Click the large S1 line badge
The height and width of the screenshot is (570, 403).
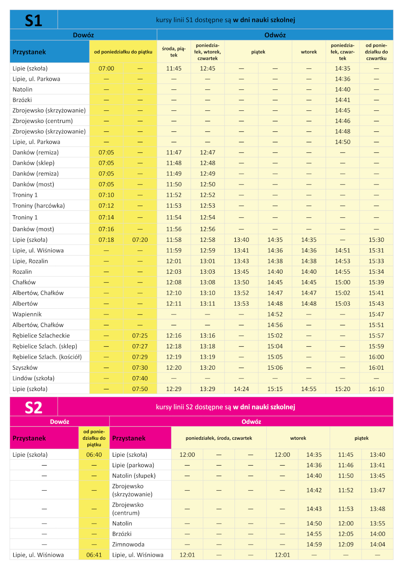coord(33,20)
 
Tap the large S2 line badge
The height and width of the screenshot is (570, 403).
coord(33,407)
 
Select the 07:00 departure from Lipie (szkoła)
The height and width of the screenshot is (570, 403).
coord(106,69)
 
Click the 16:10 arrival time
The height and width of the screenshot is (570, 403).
coord(376,389)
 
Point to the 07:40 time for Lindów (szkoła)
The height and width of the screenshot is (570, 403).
coord(140,378)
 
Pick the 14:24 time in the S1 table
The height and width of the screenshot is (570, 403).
coord(241,389)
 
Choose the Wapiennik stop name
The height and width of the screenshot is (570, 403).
coord(27,314)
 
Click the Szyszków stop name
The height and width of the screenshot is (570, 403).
coord(25,368)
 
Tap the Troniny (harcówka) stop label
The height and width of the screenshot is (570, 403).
coord(39,206)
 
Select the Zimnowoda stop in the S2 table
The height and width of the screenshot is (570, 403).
coord(128,544)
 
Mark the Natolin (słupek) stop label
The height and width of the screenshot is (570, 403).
coord(134,476)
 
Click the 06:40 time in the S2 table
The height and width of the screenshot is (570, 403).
coord(94,455)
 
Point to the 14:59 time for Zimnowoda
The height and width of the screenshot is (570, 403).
coord(314,544)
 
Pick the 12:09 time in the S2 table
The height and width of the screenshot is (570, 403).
coord(346,544)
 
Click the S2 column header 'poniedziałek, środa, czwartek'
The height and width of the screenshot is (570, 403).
coord(219,438)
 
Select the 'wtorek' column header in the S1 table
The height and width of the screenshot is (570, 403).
coord(309,52)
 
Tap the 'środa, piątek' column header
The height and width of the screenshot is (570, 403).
coord(174,52)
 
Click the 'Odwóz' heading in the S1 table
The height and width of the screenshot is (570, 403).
coord(275,35)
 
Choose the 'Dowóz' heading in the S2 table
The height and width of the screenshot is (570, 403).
coord(60,422)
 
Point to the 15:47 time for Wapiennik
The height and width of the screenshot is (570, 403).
coord(376,314)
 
